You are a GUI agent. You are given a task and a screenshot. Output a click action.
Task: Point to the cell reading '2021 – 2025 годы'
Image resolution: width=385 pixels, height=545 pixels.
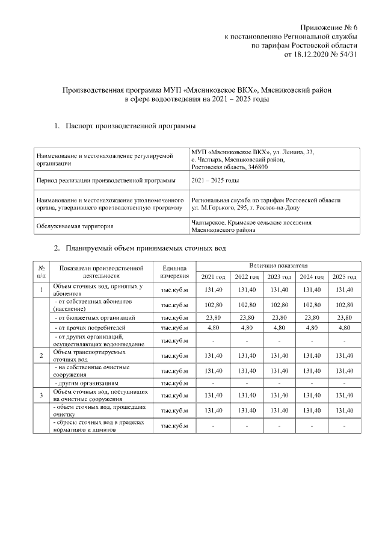click(x=215, y=180)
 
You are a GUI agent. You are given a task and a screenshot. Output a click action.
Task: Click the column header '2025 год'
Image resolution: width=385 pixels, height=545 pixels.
click(x=344, y=276)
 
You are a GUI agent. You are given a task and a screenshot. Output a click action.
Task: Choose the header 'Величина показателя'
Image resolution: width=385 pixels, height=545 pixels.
click(x=279, y=265)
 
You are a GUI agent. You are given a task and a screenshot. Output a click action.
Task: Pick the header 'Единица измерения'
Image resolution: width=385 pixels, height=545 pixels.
click(x=174, y=271)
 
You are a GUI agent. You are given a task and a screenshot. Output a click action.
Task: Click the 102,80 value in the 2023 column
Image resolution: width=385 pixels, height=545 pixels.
click(x=279, y=305)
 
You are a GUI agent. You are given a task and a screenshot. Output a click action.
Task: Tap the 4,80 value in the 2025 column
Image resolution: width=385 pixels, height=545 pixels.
click(x=344, y=328)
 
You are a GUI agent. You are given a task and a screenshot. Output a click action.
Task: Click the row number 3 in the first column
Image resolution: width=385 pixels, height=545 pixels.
click(x=41, y=395)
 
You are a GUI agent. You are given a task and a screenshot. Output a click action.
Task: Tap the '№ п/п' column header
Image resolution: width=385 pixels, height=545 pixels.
click(x=41, y=271)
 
